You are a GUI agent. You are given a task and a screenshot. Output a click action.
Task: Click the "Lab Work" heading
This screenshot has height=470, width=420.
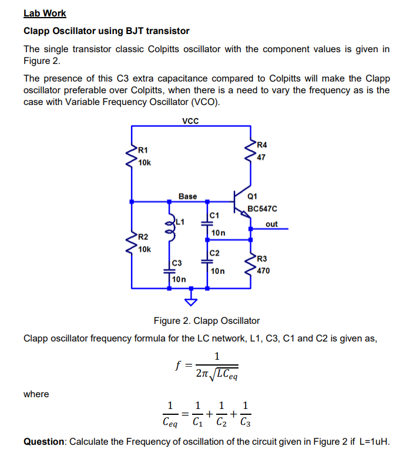click(x=45, y=13)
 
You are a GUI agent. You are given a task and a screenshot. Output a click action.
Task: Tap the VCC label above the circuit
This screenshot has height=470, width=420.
click(x=190, y=121)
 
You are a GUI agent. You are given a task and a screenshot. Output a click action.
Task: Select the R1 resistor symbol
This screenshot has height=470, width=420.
click(x=132, y=155)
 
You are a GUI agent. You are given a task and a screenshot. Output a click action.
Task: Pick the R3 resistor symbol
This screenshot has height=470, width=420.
click(x=251, y=265)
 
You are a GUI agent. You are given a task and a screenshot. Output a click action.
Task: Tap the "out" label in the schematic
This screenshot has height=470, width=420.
click(x=271, y=224)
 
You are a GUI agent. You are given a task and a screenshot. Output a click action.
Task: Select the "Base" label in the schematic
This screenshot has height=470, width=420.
click(x=188, y=196)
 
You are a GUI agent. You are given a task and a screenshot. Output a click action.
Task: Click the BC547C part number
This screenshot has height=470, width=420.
click(x=262, y=208)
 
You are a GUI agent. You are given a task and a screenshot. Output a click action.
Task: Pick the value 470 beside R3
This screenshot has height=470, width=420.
click(x=264, y=271)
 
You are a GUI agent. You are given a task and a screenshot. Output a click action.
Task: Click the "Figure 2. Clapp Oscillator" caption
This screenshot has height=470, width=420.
click(x=206, y=320)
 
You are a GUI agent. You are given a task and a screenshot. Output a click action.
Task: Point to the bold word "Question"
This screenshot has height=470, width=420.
click(x=45, y=442)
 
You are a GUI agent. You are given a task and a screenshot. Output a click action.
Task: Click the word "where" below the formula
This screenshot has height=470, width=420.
click(x=36, y=394)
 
